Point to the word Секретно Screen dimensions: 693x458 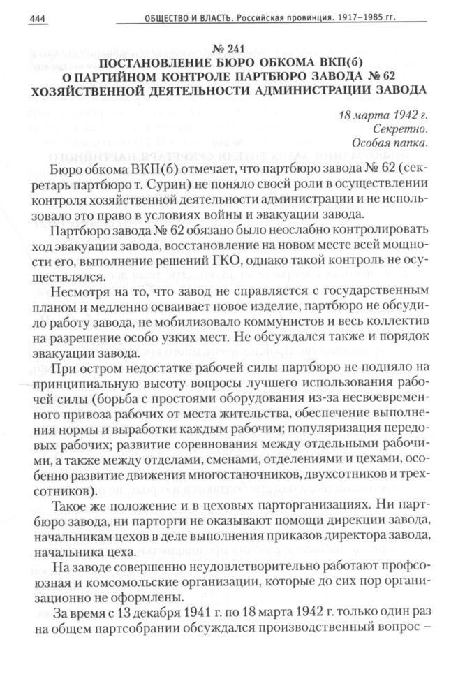398,129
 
